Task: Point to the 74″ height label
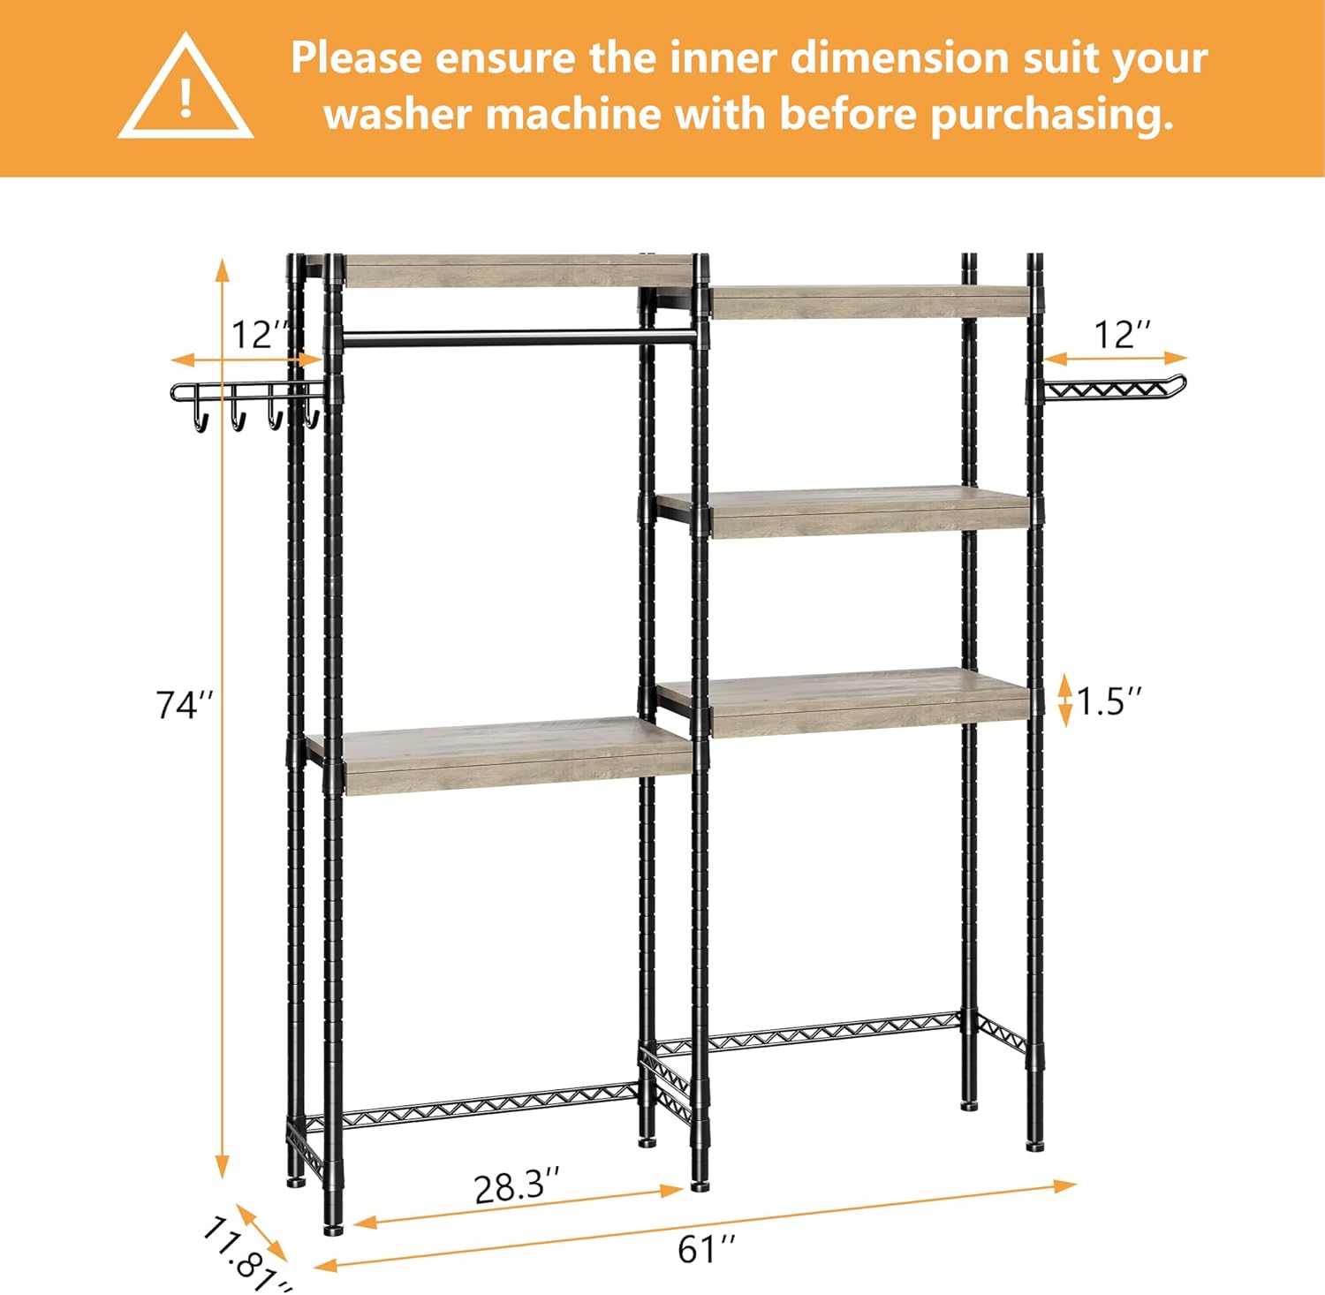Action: (185, 705)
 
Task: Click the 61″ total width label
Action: (707, 1248)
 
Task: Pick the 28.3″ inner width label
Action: (517, 1186)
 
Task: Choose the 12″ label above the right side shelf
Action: (1123, 335)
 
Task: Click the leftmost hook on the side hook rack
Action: (201, 419)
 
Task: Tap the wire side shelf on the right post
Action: (1113, 390)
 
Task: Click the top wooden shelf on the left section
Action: (517, 271)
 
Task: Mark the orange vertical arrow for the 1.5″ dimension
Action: (1065, 700)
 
